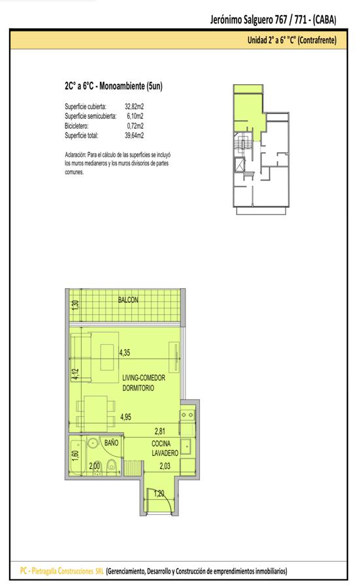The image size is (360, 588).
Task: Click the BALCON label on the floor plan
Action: pyautogui.click(x=128, y=300)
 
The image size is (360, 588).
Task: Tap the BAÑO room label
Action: pyautogui.click(x=111, y=443)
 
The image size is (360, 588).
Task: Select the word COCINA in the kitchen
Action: pyautogui.click(x=161, y=444)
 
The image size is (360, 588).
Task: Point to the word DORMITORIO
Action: pyautogui.click(x=138, y=388)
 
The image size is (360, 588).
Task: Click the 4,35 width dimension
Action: pyautogui.click(x=125, y=353)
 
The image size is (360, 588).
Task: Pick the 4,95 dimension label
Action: pyautogui.click(x=125, y=417)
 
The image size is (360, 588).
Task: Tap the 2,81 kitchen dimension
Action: pyautogui.click(x=160, y=431)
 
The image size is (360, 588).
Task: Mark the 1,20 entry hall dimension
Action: pyautogui.click(x=159, y=493)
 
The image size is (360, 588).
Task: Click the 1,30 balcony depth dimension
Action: pyautogui.click(x=76, y=304)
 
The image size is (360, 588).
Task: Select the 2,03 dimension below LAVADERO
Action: pyautogui.click(x=165, y=466)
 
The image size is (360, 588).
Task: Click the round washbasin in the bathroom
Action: pyautogui.click(x=92, y=443)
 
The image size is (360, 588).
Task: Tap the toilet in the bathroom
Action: pyautogui.click(x=111, y=466)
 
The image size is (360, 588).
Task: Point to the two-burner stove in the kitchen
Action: pyautogui.click(x=187, y=415)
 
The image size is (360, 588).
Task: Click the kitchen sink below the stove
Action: pyautogui.click(x=186, y=446)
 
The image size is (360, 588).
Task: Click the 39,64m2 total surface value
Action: pyautogui.click(x=134, y=135)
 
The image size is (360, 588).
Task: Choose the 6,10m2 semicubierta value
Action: pyautogui.click(x=135, y=116)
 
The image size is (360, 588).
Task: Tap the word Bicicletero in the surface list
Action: pyautogui.click(x=76, y=126)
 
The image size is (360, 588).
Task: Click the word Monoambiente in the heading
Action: pyautogui.click(x=122, y=86)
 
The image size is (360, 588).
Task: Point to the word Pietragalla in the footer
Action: pyautogui.click(x=44, y=571)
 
